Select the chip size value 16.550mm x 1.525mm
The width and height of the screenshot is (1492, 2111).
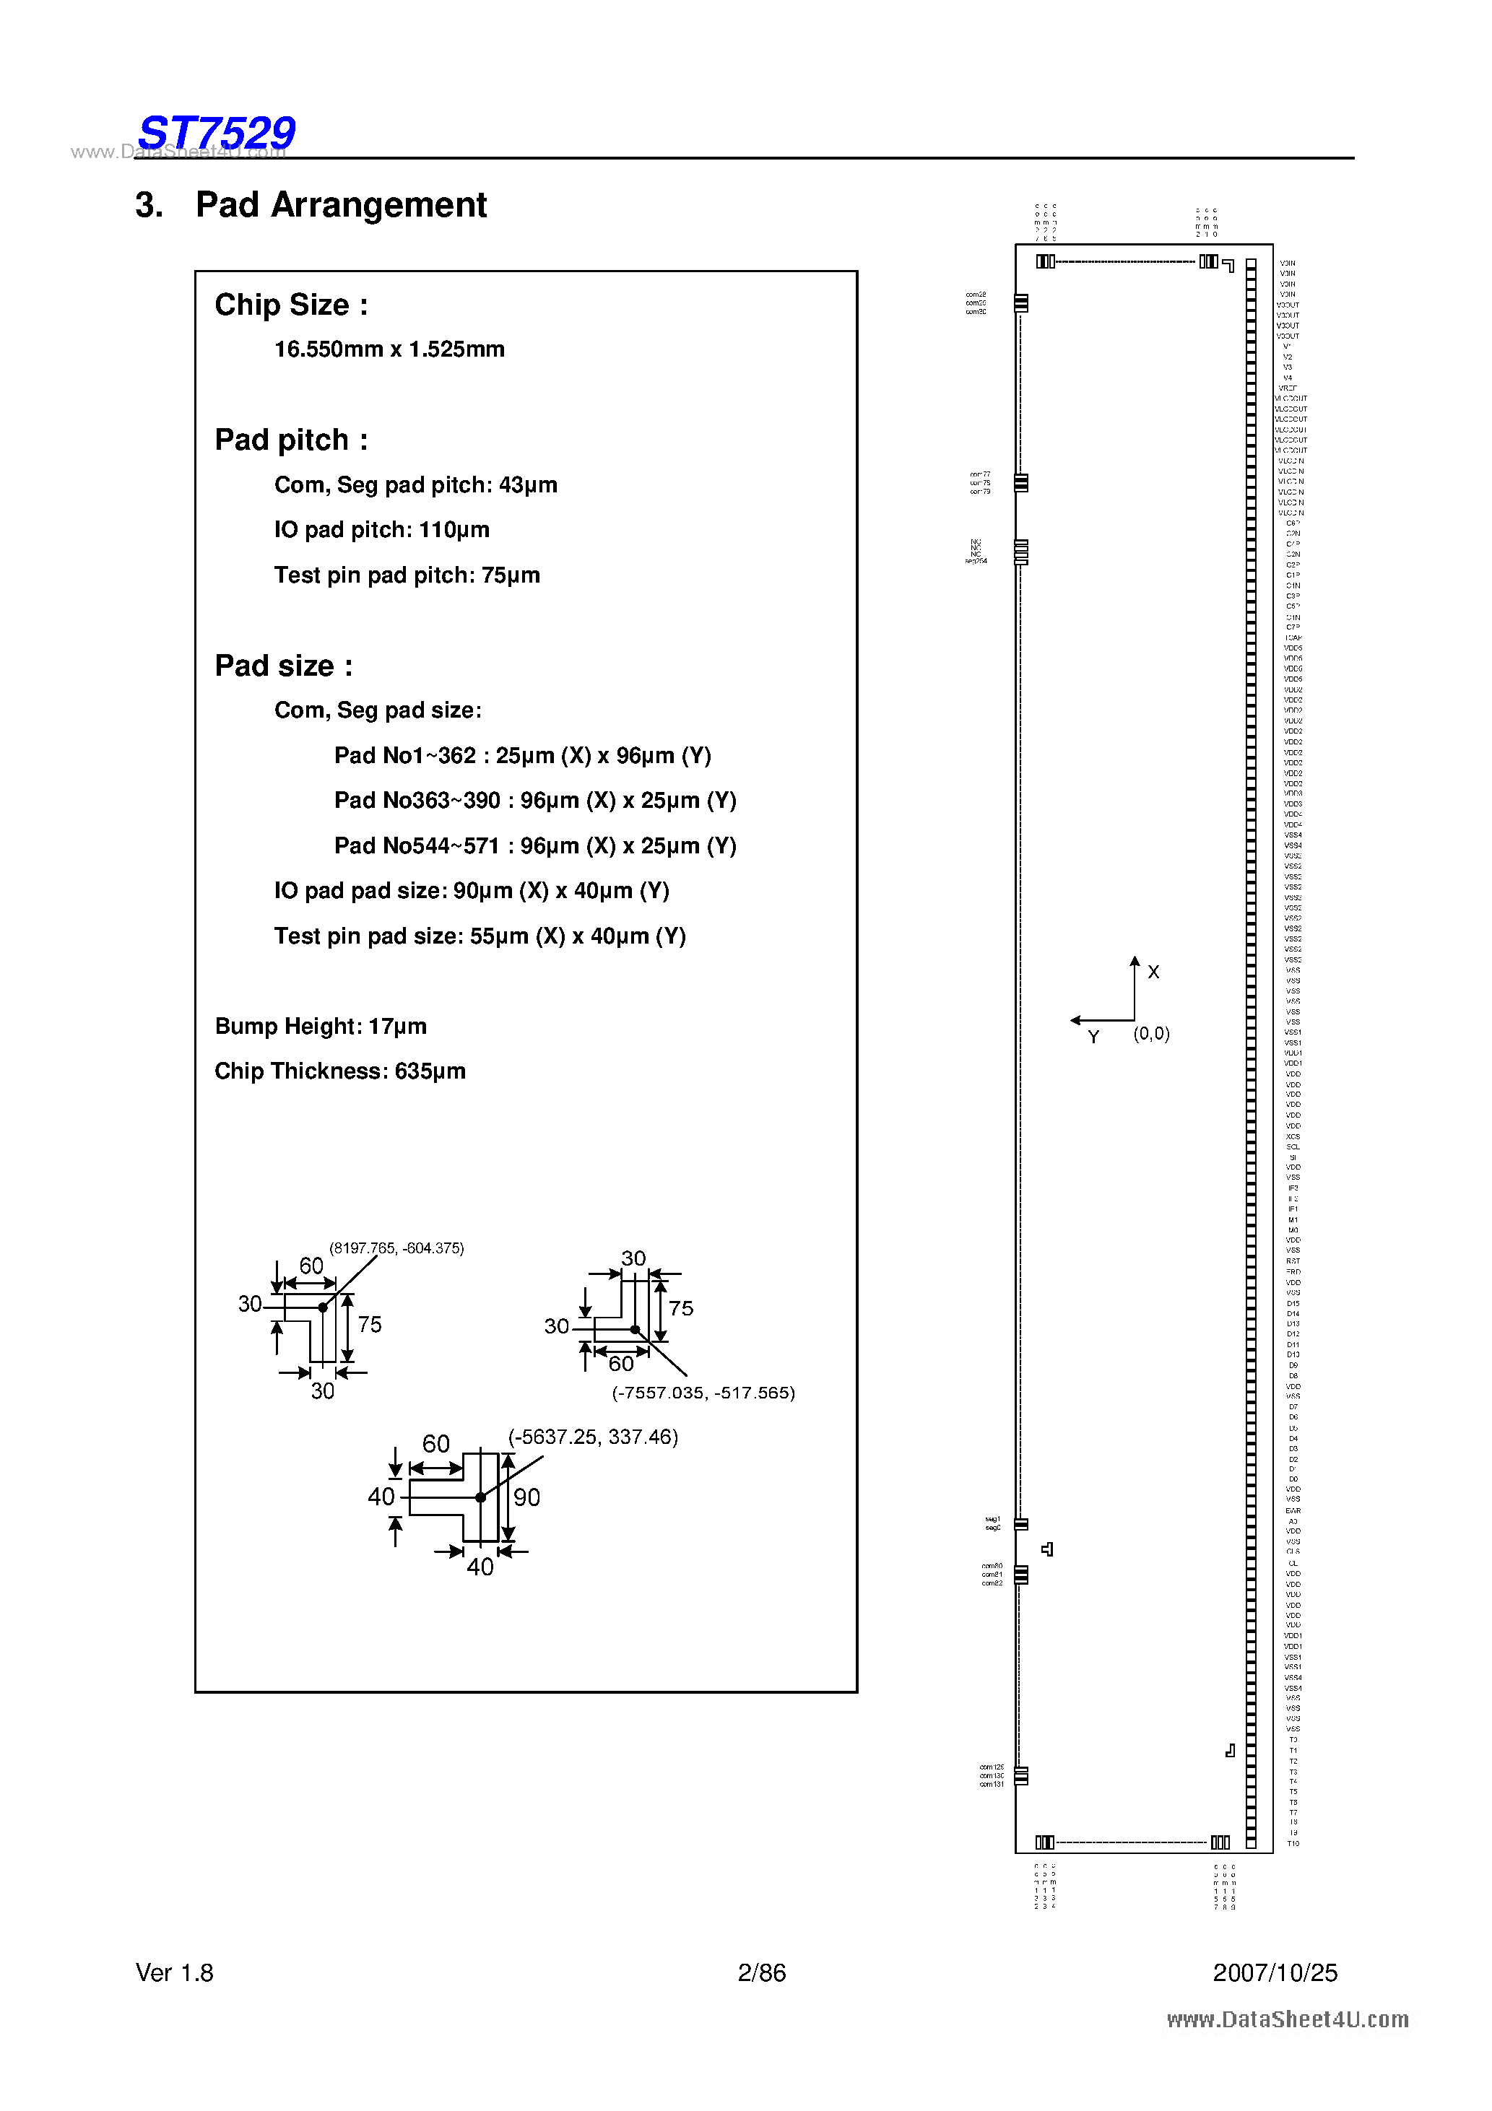(389, 349)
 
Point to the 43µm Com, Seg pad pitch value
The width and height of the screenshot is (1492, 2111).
(527, 485)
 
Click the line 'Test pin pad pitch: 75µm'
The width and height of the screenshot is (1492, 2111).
(407, 575)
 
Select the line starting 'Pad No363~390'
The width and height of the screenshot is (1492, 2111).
(534, 801)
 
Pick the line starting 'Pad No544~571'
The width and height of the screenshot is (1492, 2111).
(534, 846)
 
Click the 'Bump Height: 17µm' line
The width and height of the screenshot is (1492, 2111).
(320, 1026)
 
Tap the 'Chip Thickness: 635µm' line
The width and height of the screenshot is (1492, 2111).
(339, 1071)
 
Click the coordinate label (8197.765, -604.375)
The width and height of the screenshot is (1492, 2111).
(396, 1248)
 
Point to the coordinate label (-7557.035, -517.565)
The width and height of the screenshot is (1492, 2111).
(703, 1393)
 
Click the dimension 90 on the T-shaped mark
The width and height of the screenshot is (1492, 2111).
(526, 1498)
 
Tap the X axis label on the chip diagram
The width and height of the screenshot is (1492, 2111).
(1153, 972)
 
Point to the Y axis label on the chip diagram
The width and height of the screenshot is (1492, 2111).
(1093, 1037)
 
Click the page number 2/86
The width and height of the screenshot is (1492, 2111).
(762, 1973)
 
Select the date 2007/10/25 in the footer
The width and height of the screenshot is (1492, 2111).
(1274, 1973)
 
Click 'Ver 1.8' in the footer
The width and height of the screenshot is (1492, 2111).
(175, 1973)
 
